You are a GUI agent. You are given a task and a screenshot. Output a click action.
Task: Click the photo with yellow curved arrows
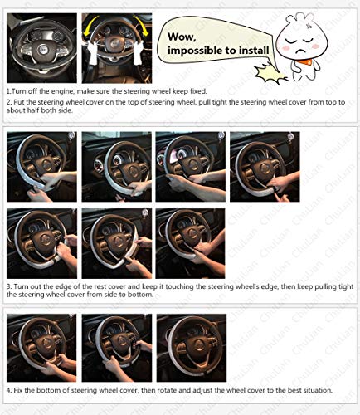(115, 46)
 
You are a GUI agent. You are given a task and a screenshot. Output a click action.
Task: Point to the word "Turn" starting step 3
(23, 285)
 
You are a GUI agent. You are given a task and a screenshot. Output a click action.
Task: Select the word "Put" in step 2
(21, 102)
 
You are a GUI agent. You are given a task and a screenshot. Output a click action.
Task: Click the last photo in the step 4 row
(191, 348)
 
